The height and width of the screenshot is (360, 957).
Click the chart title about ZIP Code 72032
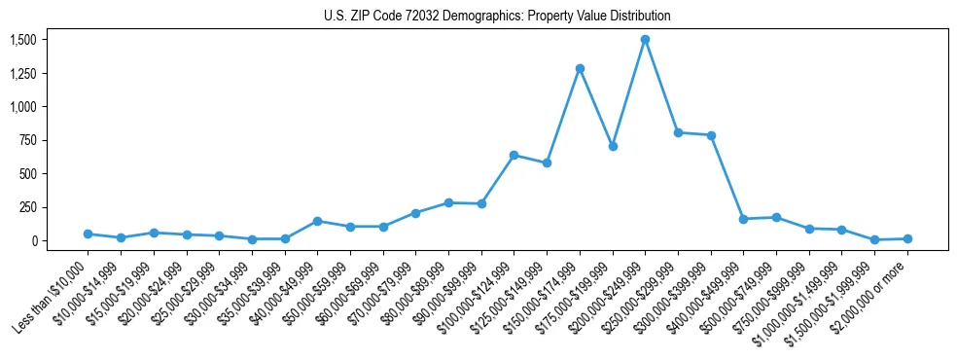[x=497, y=17]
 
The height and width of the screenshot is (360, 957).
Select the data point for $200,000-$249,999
[x=645, y=40]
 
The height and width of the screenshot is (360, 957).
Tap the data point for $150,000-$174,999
[x=580, y=68]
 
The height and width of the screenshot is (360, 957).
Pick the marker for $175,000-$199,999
[x=613, y=146]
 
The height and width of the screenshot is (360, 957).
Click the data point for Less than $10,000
[x=89, y=234]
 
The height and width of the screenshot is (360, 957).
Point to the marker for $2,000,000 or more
[x=907, y=238]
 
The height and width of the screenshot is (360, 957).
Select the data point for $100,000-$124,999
[x=514, y=155]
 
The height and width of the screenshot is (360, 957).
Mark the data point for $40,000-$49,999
[x=317, y=221]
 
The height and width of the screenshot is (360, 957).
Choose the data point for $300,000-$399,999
[x=711, y=135]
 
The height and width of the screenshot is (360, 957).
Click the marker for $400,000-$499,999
[x=743, y=219]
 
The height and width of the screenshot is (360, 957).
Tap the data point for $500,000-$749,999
[x=776, y=217]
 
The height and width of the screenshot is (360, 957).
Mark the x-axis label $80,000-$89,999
[x=411, y=296]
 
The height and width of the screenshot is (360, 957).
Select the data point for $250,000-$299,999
[x=678, y=132]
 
